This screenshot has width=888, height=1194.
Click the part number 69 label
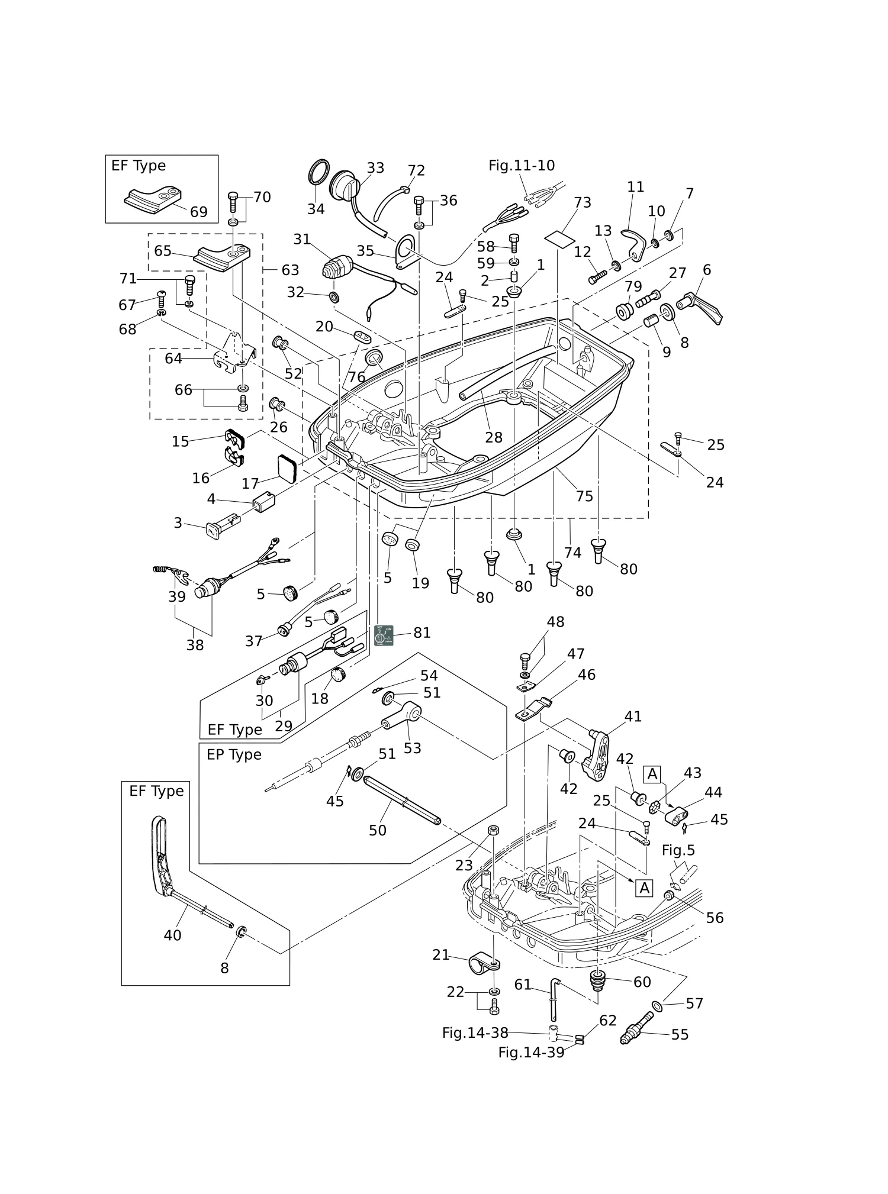(199, 212)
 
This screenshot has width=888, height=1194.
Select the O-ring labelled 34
(318, 173)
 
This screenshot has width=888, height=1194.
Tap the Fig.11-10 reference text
(522, 166)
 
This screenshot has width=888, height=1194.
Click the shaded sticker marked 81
(385, 635)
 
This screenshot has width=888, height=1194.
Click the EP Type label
(234, 754)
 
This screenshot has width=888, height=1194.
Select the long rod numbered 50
(403, 803)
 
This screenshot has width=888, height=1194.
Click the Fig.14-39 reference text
(531, 1053)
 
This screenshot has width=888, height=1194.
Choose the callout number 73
(583, 202)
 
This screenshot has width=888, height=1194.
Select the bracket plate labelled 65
(223, 256)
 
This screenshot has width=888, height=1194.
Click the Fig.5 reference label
(678, 850)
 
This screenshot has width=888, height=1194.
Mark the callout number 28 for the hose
(494, 437)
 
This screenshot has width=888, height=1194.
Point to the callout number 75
(584, 496)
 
